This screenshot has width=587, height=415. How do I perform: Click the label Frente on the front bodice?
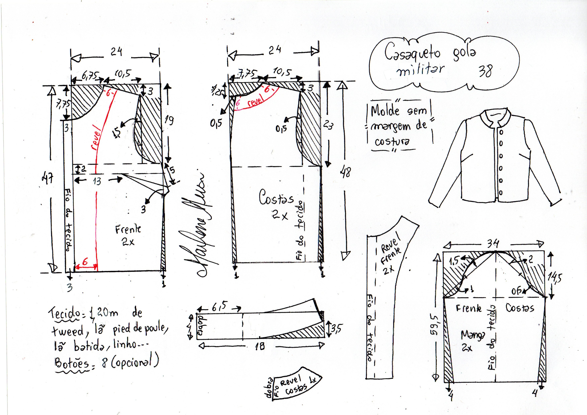128,229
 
